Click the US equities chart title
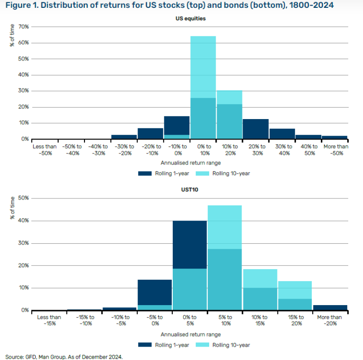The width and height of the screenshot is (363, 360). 190,19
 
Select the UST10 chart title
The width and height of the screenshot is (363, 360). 190,190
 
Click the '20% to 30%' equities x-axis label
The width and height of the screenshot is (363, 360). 255,150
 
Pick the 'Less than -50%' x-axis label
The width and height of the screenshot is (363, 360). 44,150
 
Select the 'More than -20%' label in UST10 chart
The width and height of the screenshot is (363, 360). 329,320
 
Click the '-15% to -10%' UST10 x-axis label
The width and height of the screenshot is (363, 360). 85,320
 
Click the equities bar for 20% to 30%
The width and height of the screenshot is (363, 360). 255,129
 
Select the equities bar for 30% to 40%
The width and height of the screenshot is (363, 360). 282,134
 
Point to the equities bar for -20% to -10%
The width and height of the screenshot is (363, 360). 150,133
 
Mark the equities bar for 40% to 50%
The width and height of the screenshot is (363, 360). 309,137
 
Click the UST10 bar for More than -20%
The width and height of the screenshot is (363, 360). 329,308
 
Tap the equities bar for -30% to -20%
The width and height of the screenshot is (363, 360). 124,137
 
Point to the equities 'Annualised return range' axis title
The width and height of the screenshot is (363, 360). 190,163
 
